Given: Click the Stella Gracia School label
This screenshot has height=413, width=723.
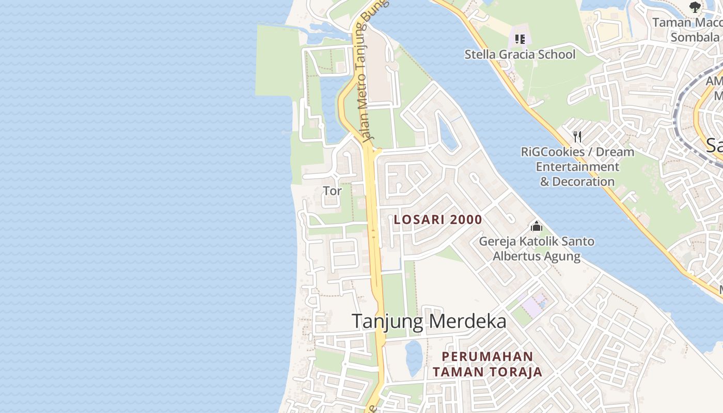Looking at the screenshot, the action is point(520,54).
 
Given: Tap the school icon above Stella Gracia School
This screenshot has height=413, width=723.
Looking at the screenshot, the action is point(520,39).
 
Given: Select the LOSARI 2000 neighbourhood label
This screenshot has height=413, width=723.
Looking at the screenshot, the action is point(438,219).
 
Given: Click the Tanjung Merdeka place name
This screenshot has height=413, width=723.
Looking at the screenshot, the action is point(429,321).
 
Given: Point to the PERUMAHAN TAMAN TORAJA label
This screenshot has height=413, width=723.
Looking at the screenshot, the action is point(488,364).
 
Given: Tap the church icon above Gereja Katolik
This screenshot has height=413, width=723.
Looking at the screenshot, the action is point(537,227).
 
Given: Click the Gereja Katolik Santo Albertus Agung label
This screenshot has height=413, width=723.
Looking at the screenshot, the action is point(537,248).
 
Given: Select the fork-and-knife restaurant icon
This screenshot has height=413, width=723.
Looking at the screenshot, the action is point(577,137).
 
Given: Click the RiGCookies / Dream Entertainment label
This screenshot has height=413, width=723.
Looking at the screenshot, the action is point(577,167).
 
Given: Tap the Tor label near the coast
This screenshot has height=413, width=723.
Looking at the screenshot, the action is point(332,191).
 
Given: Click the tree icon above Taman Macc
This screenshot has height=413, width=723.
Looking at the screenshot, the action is point(695,7).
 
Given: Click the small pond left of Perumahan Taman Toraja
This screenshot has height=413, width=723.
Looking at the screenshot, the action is point(414,357).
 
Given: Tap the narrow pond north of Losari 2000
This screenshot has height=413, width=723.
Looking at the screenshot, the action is point(447,132).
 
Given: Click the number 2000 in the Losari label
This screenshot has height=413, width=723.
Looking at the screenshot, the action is point(466,219).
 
